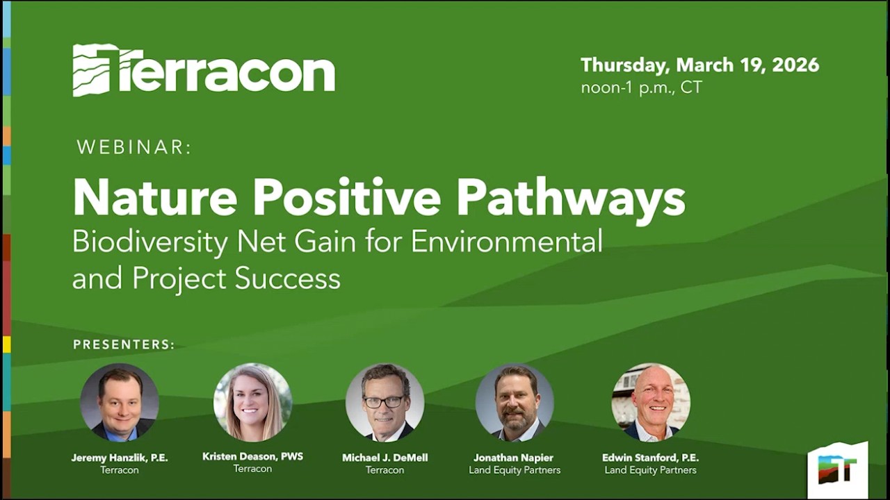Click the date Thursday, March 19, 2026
click(699, 65)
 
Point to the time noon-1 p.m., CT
click(641, 88)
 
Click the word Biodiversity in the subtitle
click(149, 242)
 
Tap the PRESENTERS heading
click(124, 344)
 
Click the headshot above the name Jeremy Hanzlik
click(120, 402)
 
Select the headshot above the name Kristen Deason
click(252, 402)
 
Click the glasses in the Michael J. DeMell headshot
click(384, 401)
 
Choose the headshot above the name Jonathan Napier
click(515, 402)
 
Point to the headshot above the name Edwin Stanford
click(650, 402)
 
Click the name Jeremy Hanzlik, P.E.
click(120, 458)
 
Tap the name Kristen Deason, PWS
click(252, 456)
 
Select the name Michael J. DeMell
click(385, 458)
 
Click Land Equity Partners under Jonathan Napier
click(515, 470)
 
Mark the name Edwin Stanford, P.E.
click(650, 458)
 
